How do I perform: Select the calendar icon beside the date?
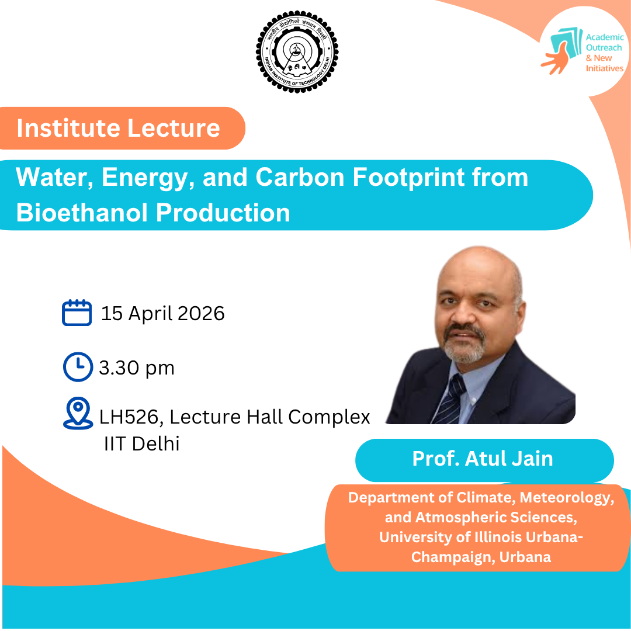77,313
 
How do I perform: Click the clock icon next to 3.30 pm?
77,367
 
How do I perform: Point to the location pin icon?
78,413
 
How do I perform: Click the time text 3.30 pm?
137,368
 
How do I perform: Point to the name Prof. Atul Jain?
483,459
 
